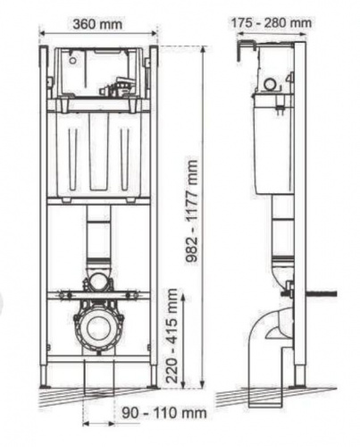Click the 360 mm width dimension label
(x=97, y=24)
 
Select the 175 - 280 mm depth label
(x=272, y=22)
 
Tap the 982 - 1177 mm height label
(x=191, y=211)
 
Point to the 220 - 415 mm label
(x=172, y=336)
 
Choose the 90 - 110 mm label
(x=164, y=413)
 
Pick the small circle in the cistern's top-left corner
(x=72, y=60)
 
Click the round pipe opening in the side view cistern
(x=271, y=84)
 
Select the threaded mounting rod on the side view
(x=321, y=294)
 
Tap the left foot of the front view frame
(x=45, y=376)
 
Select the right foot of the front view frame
(x=153, y=376)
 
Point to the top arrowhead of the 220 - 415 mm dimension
(x=183, y=297)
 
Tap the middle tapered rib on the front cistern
(x=99, y=151)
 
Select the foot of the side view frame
(x=300, y=376)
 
